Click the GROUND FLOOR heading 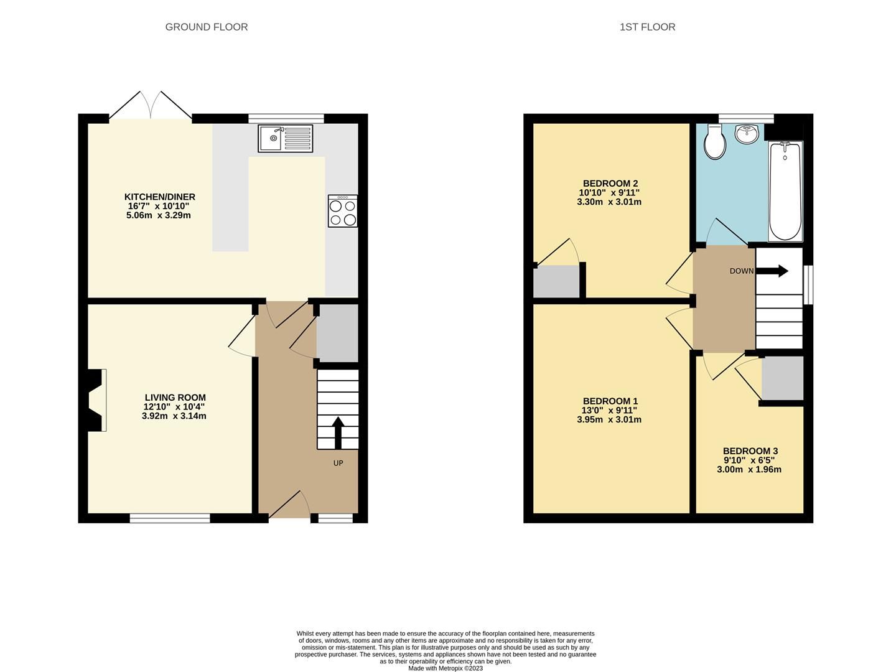[x=206, y=27]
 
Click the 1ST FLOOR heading [x=647, y=27]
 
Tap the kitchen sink [x=285, y=138]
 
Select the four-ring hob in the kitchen [x=343, y=211]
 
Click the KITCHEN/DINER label [x=160, y=197]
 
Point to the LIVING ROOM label [x=175, y=398]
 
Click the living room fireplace [x=96, y=400]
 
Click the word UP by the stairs [x=338, y=463]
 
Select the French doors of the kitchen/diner [x=151, y=105]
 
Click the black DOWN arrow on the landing [x=773, y=271]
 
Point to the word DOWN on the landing [x=742, y=271]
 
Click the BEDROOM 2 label [x=609, y=184]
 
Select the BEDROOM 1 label [x=609, y=401]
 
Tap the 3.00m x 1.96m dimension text [x=749, y=469]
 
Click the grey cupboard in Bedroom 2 [x=556, y=282]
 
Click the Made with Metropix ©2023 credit [x=445, y=668]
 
